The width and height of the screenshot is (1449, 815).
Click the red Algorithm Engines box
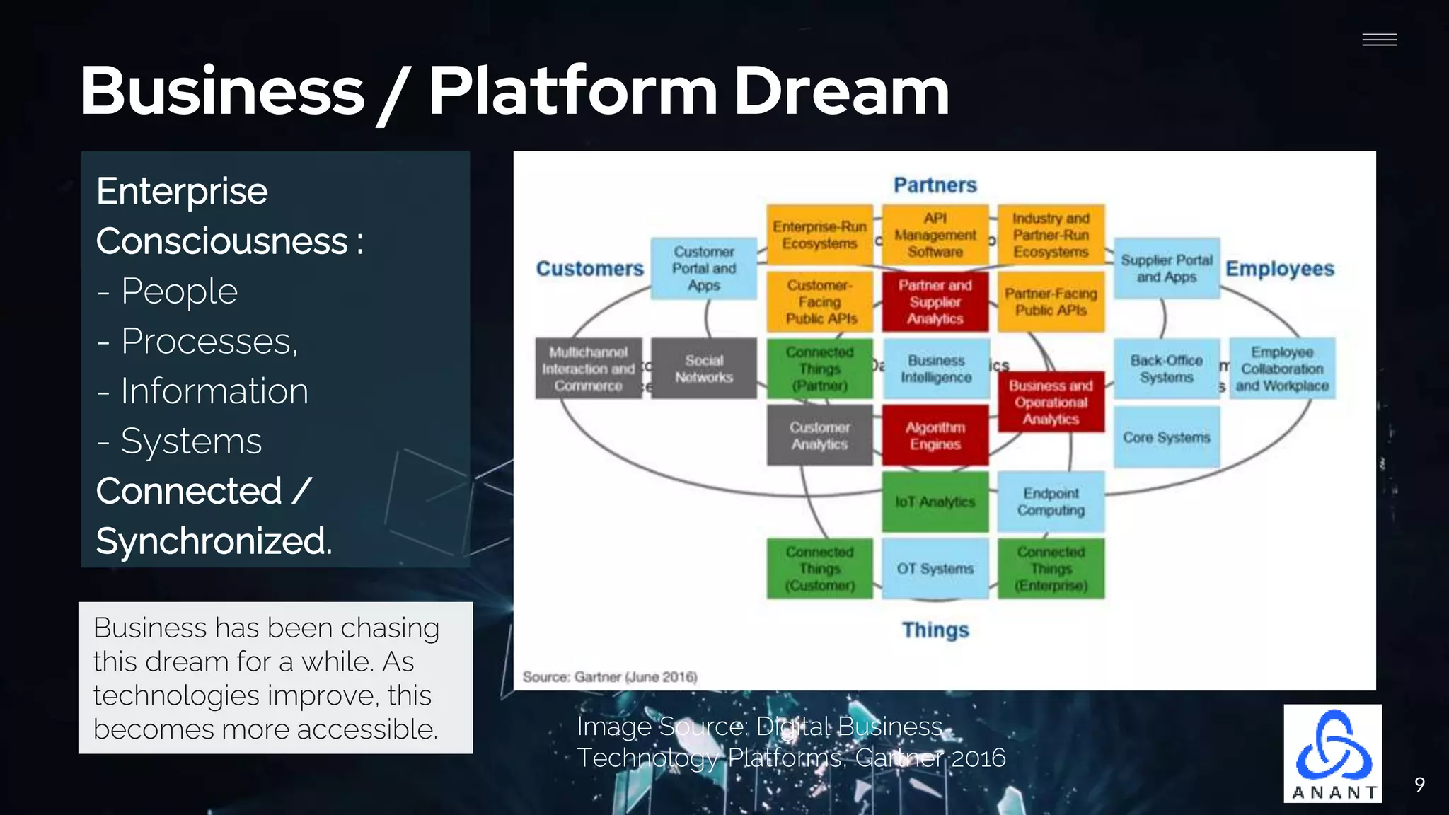click(x=935, y=436)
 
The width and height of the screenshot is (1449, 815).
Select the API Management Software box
click(x=935, y=235)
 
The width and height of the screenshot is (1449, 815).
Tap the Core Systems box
click(x=1166, y=437)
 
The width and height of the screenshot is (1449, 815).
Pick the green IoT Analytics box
click(x=935, y=502)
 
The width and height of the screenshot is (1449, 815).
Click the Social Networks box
click(x=703, y=369)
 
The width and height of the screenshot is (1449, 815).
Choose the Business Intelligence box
click(x=935, y=369)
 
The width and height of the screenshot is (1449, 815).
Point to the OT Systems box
click(x=935, y=569)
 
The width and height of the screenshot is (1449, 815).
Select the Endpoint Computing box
click(x=1051, y=502)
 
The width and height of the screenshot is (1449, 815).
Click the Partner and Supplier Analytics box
click(x=935, y=302)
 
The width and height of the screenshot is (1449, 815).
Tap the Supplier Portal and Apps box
click(x=1166, y=269)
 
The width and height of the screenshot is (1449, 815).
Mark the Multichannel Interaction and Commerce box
click(x=588, y=369)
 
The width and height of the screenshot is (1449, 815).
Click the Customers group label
click(x=589, y=269)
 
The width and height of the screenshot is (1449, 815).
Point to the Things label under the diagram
click(x=935, y=630)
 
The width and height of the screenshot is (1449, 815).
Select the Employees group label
click(x=1279, y=269)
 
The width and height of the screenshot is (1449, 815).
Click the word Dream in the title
click(x=841, y=91)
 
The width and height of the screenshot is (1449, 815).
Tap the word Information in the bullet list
click(x=214, y=391)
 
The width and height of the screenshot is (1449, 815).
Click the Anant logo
click(x=1332, y=753)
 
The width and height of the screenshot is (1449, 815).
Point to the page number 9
click(x=1419, y=784)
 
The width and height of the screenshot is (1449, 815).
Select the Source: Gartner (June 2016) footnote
click(x=610, y=677)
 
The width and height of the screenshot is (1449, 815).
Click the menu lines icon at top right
click(x=1379, y=40)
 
